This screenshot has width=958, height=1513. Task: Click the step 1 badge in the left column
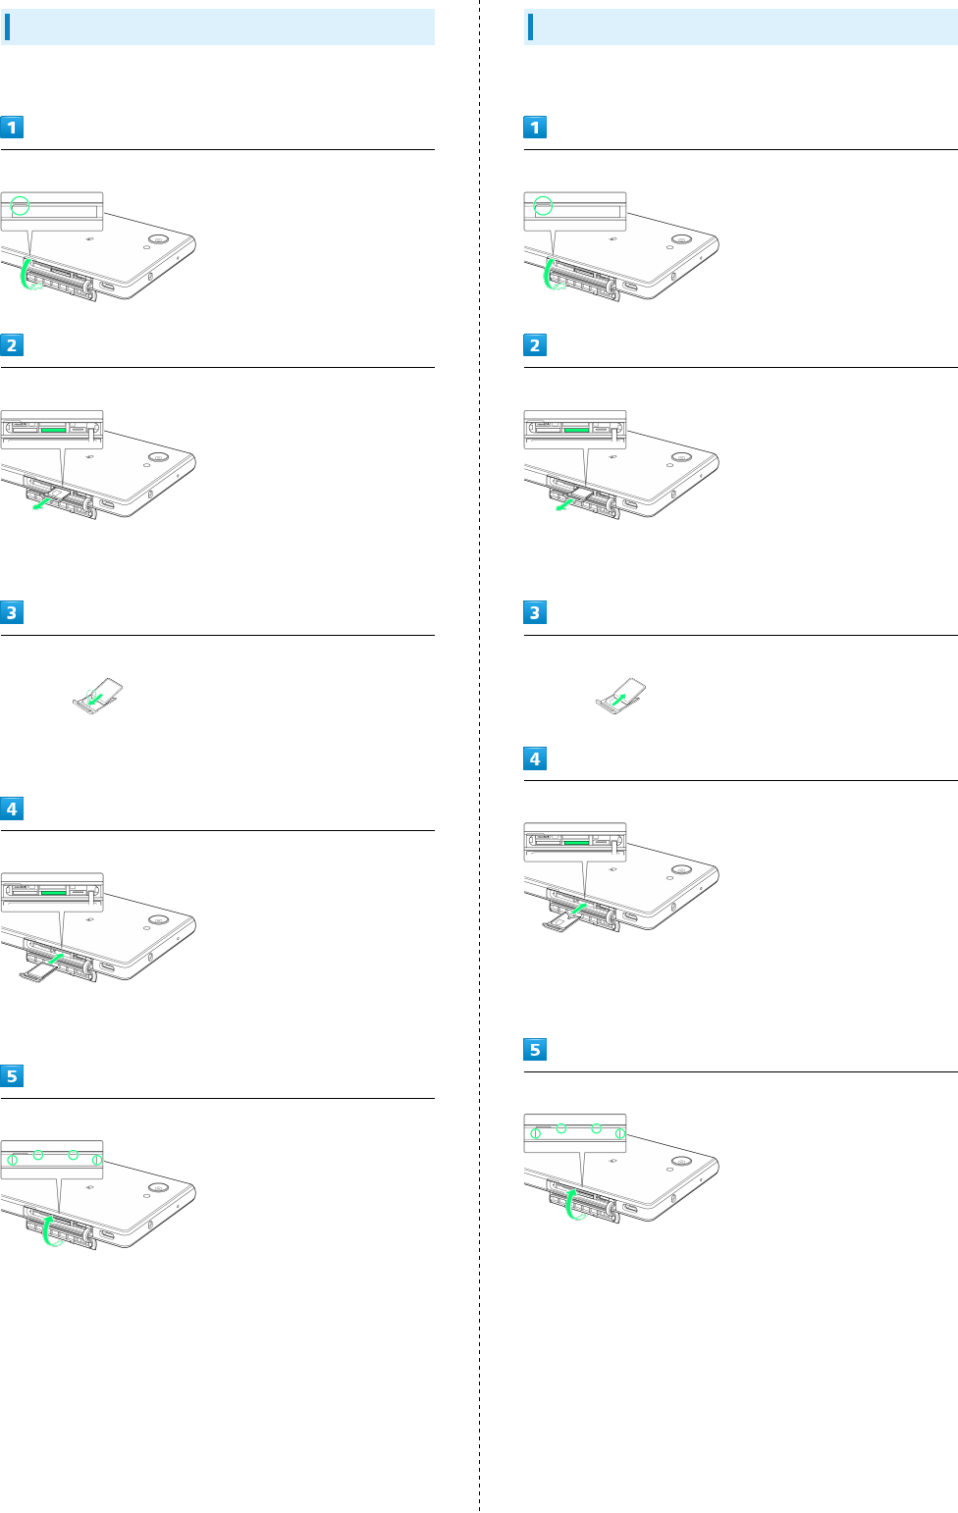pos(12,128)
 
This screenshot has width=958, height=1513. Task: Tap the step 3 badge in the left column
pos(12,612)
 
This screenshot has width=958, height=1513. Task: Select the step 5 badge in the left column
pos(12,1076)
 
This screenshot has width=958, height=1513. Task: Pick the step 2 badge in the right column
pos(535,345)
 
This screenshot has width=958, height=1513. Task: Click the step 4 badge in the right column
pos(535,758)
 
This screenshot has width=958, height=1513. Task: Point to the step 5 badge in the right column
pos(535,1050)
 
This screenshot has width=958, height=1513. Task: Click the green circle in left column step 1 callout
pos(20,206)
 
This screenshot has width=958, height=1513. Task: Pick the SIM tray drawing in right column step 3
pos(621,694)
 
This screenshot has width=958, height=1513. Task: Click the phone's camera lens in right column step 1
pos(680,239)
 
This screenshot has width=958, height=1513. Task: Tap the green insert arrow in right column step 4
pos(578,910)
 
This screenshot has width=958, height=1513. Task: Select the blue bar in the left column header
pos(7,27)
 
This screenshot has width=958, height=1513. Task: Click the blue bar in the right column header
pos(530,27)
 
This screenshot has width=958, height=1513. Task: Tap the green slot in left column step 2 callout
pos(53,430)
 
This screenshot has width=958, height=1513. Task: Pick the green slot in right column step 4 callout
pos(576,842)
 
